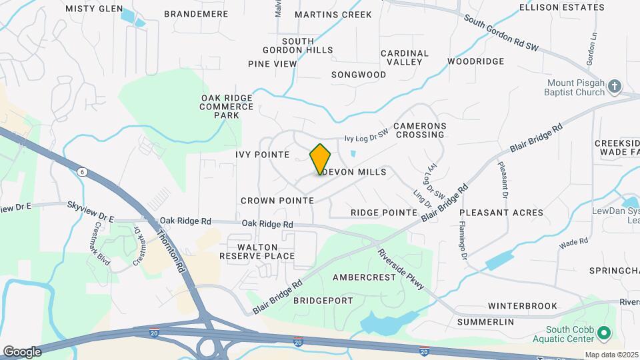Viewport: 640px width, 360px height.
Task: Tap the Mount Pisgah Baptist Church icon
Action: click(x=615, y=86)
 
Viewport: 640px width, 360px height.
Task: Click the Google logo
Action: click(x=22, y=351)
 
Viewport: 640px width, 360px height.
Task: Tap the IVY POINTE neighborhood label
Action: click(x=262, y=155)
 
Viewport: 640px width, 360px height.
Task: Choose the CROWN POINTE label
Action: click(x=277, y=200)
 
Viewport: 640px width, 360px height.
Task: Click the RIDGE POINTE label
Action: click(x=384, y=212)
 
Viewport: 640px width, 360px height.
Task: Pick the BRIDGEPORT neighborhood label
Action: click(x=323, y=301)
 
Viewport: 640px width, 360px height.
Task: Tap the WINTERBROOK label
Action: click(x=522, y=306)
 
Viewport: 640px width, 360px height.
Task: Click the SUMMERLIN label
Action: click(x=485, y=322)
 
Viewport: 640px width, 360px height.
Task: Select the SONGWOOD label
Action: click(x=359, y=75)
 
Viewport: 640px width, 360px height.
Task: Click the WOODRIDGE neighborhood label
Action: click(x=475, y=61)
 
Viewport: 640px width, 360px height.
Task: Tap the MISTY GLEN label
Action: click(x=95, y=9)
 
